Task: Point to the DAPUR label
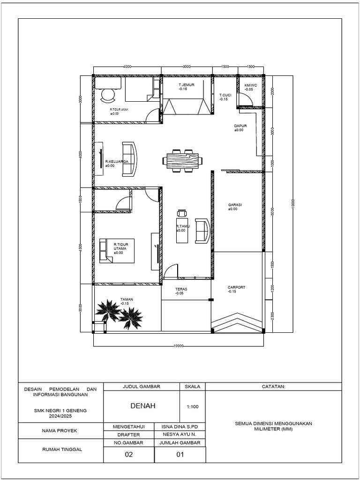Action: (240, 126)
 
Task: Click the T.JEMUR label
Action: (186, 85)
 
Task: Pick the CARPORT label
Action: (236, 287)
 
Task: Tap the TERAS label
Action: (181, 289)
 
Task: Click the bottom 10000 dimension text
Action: (178, 345)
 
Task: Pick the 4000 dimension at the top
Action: (127, 67)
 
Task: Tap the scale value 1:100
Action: (192, 406)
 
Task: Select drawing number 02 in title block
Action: (128, 454)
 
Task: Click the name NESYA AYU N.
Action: (180, 435)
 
